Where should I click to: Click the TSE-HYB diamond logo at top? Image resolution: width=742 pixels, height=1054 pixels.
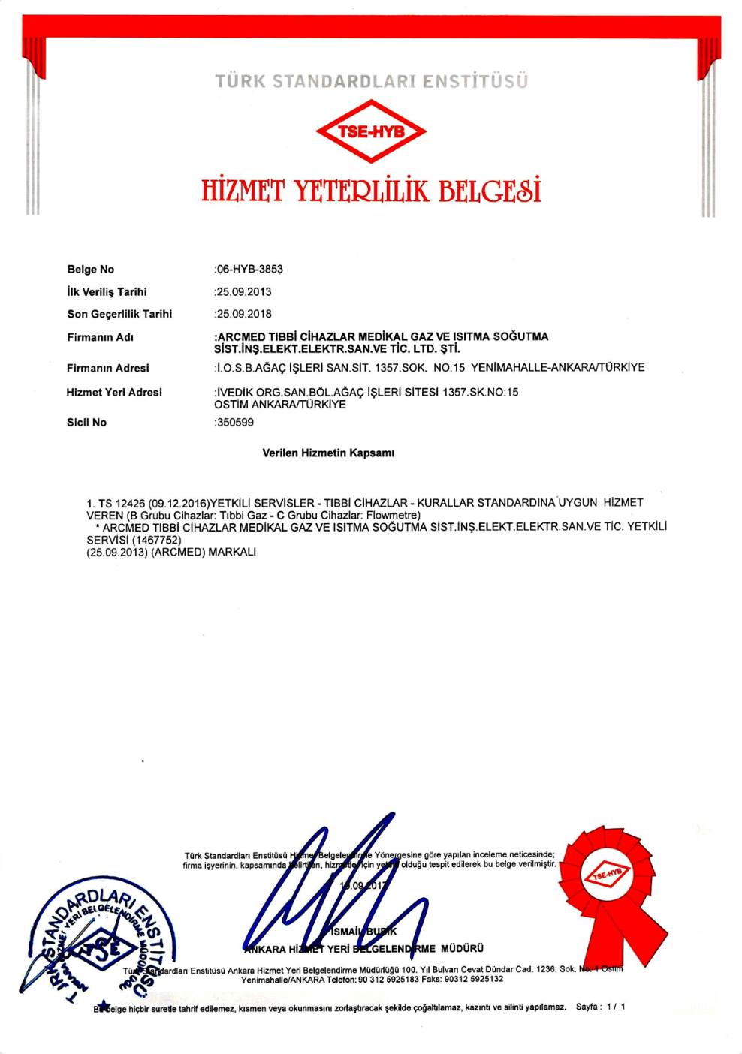tap(371, 131)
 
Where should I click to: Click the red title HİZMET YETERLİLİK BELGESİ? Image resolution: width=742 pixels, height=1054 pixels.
tap(371, 191)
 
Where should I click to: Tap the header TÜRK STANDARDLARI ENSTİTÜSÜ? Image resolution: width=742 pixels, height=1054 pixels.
tap(371, 81)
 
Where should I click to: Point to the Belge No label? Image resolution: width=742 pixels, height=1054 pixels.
tap(91, 270)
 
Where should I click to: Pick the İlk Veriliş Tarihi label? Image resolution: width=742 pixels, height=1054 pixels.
tap(107, 292)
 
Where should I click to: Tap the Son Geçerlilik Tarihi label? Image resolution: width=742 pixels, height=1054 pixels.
tap(119, 314)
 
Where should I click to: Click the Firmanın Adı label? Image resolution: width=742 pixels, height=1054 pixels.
tap(100, 337)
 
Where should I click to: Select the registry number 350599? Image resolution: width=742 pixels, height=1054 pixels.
tap(235, 423)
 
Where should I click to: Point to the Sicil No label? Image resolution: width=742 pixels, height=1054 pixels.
tap(86, 423)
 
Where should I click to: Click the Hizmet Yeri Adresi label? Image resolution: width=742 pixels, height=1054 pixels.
tap(113, 392)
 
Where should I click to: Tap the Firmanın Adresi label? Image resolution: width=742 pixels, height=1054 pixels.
tap(107, 368)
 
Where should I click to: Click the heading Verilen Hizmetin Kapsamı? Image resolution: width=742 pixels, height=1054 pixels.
tap(328, 453)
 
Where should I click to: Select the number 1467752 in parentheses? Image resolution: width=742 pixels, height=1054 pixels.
tap(156, 540)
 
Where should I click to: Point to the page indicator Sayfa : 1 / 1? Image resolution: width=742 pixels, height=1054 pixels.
tap(600, 1007)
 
